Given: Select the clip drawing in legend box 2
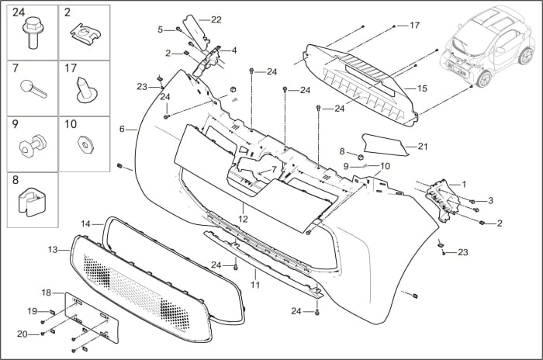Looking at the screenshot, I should [x=83, y=33].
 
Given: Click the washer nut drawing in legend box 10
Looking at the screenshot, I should [x=83, y=144].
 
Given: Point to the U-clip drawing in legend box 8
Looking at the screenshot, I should [x=32, y=202].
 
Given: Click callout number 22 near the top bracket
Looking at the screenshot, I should [x=216, y=19].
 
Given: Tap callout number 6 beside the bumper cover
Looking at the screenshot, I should [x=122, y=129].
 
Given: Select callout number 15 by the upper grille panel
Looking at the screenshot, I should [x=422, y=88].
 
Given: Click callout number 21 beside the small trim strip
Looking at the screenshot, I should [x=423, y=145].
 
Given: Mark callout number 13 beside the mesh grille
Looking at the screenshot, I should [x=53, y=250].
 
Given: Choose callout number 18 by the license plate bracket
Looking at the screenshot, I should [x=46, y=292].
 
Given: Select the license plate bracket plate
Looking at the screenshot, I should [x=92, y=317].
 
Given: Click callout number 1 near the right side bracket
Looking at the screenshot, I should [x=464, y=184].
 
